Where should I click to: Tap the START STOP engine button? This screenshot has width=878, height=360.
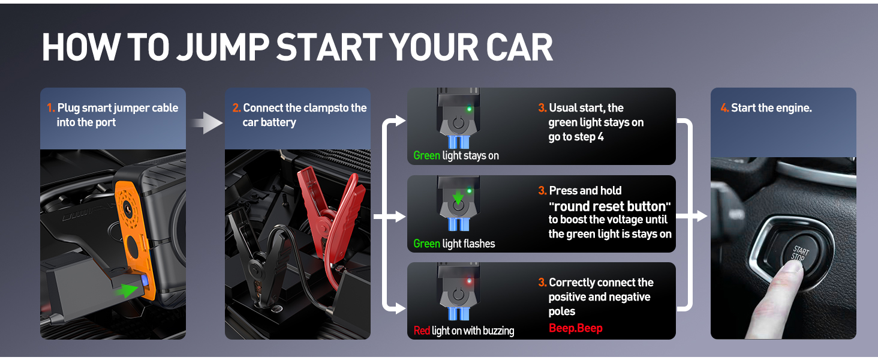(x=796, y=256)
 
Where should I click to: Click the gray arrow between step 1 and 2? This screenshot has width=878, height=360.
(x=208, y=122)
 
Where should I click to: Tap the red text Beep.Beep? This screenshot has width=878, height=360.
(x=575, y=329)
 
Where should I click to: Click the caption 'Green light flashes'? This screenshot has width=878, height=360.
(x=454, y=244)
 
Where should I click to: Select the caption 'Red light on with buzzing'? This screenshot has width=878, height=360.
(x=464, y=331)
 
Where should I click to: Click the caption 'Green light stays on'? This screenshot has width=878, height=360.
(x=456, y=156)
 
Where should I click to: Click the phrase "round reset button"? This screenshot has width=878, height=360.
(x=609, y=206)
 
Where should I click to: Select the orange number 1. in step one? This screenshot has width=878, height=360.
(x=51, y=109)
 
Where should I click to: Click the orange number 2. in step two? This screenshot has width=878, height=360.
(x=236, y=109)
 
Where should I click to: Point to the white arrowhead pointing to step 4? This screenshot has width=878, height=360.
(x=700, y=216)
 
